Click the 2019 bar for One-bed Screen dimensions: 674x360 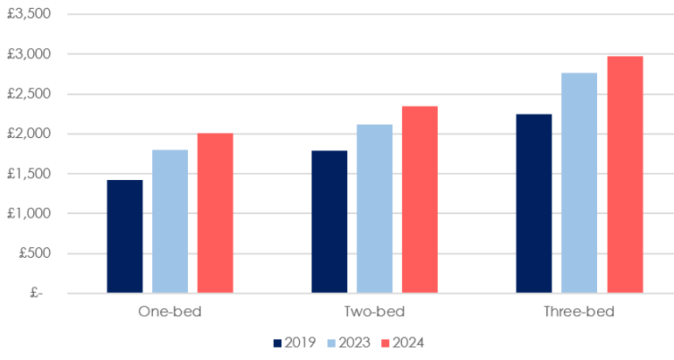click(125, 236)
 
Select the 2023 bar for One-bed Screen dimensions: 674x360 click(170, 221)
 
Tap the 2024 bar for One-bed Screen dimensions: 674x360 click(215, 213)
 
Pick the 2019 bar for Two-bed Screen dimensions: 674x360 click(330, 222)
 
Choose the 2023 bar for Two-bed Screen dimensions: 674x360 click(374, 209)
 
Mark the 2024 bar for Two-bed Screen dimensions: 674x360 click(420, 200)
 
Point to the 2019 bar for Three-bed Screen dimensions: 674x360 click(534, 204)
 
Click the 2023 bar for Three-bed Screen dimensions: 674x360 click(579, 183)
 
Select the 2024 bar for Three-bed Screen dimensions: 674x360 click(625, 175)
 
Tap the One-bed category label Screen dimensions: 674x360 click(170, 311)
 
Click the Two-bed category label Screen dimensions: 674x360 click(374, 311)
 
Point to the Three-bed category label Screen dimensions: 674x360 click(579, 311)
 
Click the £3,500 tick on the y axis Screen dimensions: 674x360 click(29, 14)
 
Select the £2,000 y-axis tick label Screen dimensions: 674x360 click(29, 134)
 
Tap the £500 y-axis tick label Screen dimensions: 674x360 click(35, 253)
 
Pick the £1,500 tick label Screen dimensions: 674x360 click(29, 174)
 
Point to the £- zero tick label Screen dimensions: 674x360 click(37, 293)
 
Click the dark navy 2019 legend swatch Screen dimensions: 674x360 click(278, 343)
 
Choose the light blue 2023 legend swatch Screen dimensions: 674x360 click(331, 343)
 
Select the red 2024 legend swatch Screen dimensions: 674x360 click(386, 343)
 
